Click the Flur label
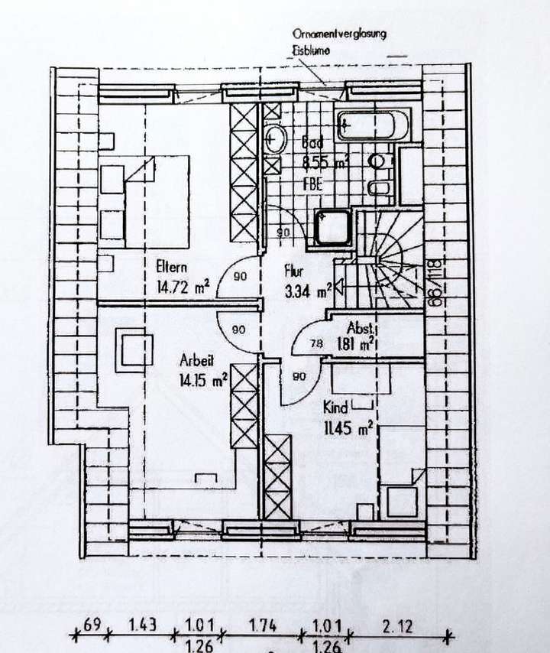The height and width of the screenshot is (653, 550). [x=294, y=270]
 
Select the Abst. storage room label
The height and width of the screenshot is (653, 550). [x=360, y=326]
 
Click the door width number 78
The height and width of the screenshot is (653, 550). [x=315, y=344]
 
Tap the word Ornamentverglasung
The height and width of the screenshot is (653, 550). [x=340, y=34]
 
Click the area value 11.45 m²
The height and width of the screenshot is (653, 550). [x=348, y=427]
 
